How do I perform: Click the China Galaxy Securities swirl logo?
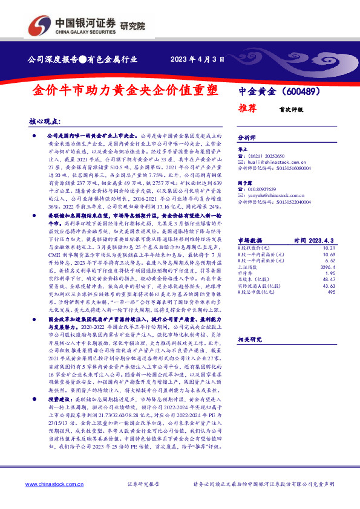pos(38,25)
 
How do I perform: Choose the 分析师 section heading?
pos(247,137)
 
